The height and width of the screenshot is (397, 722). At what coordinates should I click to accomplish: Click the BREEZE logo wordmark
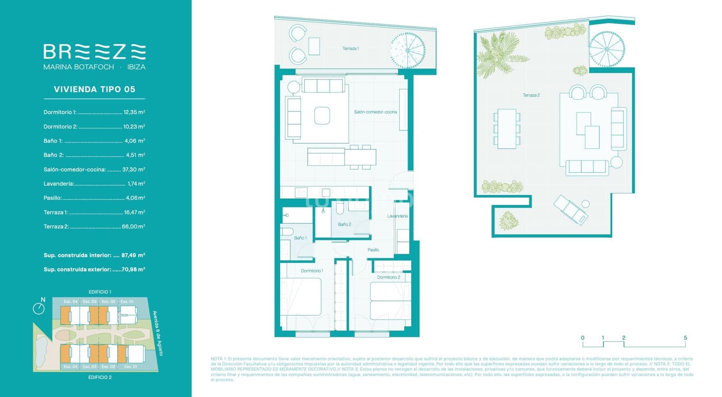click(x=94, y=52)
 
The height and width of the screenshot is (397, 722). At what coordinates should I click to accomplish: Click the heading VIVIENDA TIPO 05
click(x=94, y=89)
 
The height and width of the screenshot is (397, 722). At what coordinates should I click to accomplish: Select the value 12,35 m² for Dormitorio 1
click(x=134, y=112)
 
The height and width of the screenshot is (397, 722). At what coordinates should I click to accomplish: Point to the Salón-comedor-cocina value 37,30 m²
click(x=134, y=170)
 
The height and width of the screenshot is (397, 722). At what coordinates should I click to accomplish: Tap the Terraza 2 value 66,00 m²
click(x=133, y=226)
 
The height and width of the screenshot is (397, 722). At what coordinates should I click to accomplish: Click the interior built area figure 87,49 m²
click(x=133, y=255)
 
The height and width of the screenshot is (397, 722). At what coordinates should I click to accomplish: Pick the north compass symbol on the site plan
click(x=39, y=308)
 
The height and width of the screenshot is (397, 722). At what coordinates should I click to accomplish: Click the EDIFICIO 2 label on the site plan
click(x=100, y=377)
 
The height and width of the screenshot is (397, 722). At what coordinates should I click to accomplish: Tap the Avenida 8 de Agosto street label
click(x=157, y=333)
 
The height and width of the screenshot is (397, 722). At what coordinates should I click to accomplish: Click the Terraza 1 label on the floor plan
click(x=351, y=49)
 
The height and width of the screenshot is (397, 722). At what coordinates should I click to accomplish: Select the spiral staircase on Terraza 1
click(x=407, y=50)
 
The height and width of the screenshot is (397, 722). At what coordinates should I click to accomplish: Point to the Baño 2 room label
click(x=344, y=224)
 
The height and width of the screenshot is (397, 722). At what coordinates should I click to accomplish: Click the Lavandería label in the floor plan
click(x=397, y=216)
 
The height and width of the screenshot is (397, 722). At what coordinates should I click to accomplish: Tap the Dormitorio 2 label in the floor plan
click(x=389, y=277)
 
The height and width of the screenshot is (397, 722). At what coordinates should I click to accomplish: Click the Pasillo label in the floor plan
click(x=373, y=249)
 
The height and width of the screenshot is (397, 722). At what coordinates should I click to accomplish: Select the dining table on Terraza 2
click(x=507, y=129)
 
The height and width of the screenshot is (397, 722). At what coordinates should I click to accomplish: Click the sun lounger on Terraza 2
click(x=571, y=209)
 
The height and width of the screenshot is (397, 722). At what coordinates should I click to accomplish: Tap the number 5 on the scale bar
click(x=685, y=338)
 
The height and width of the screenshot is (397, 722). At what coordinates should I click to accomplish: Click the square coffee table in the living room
click(x=322, y=115)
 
